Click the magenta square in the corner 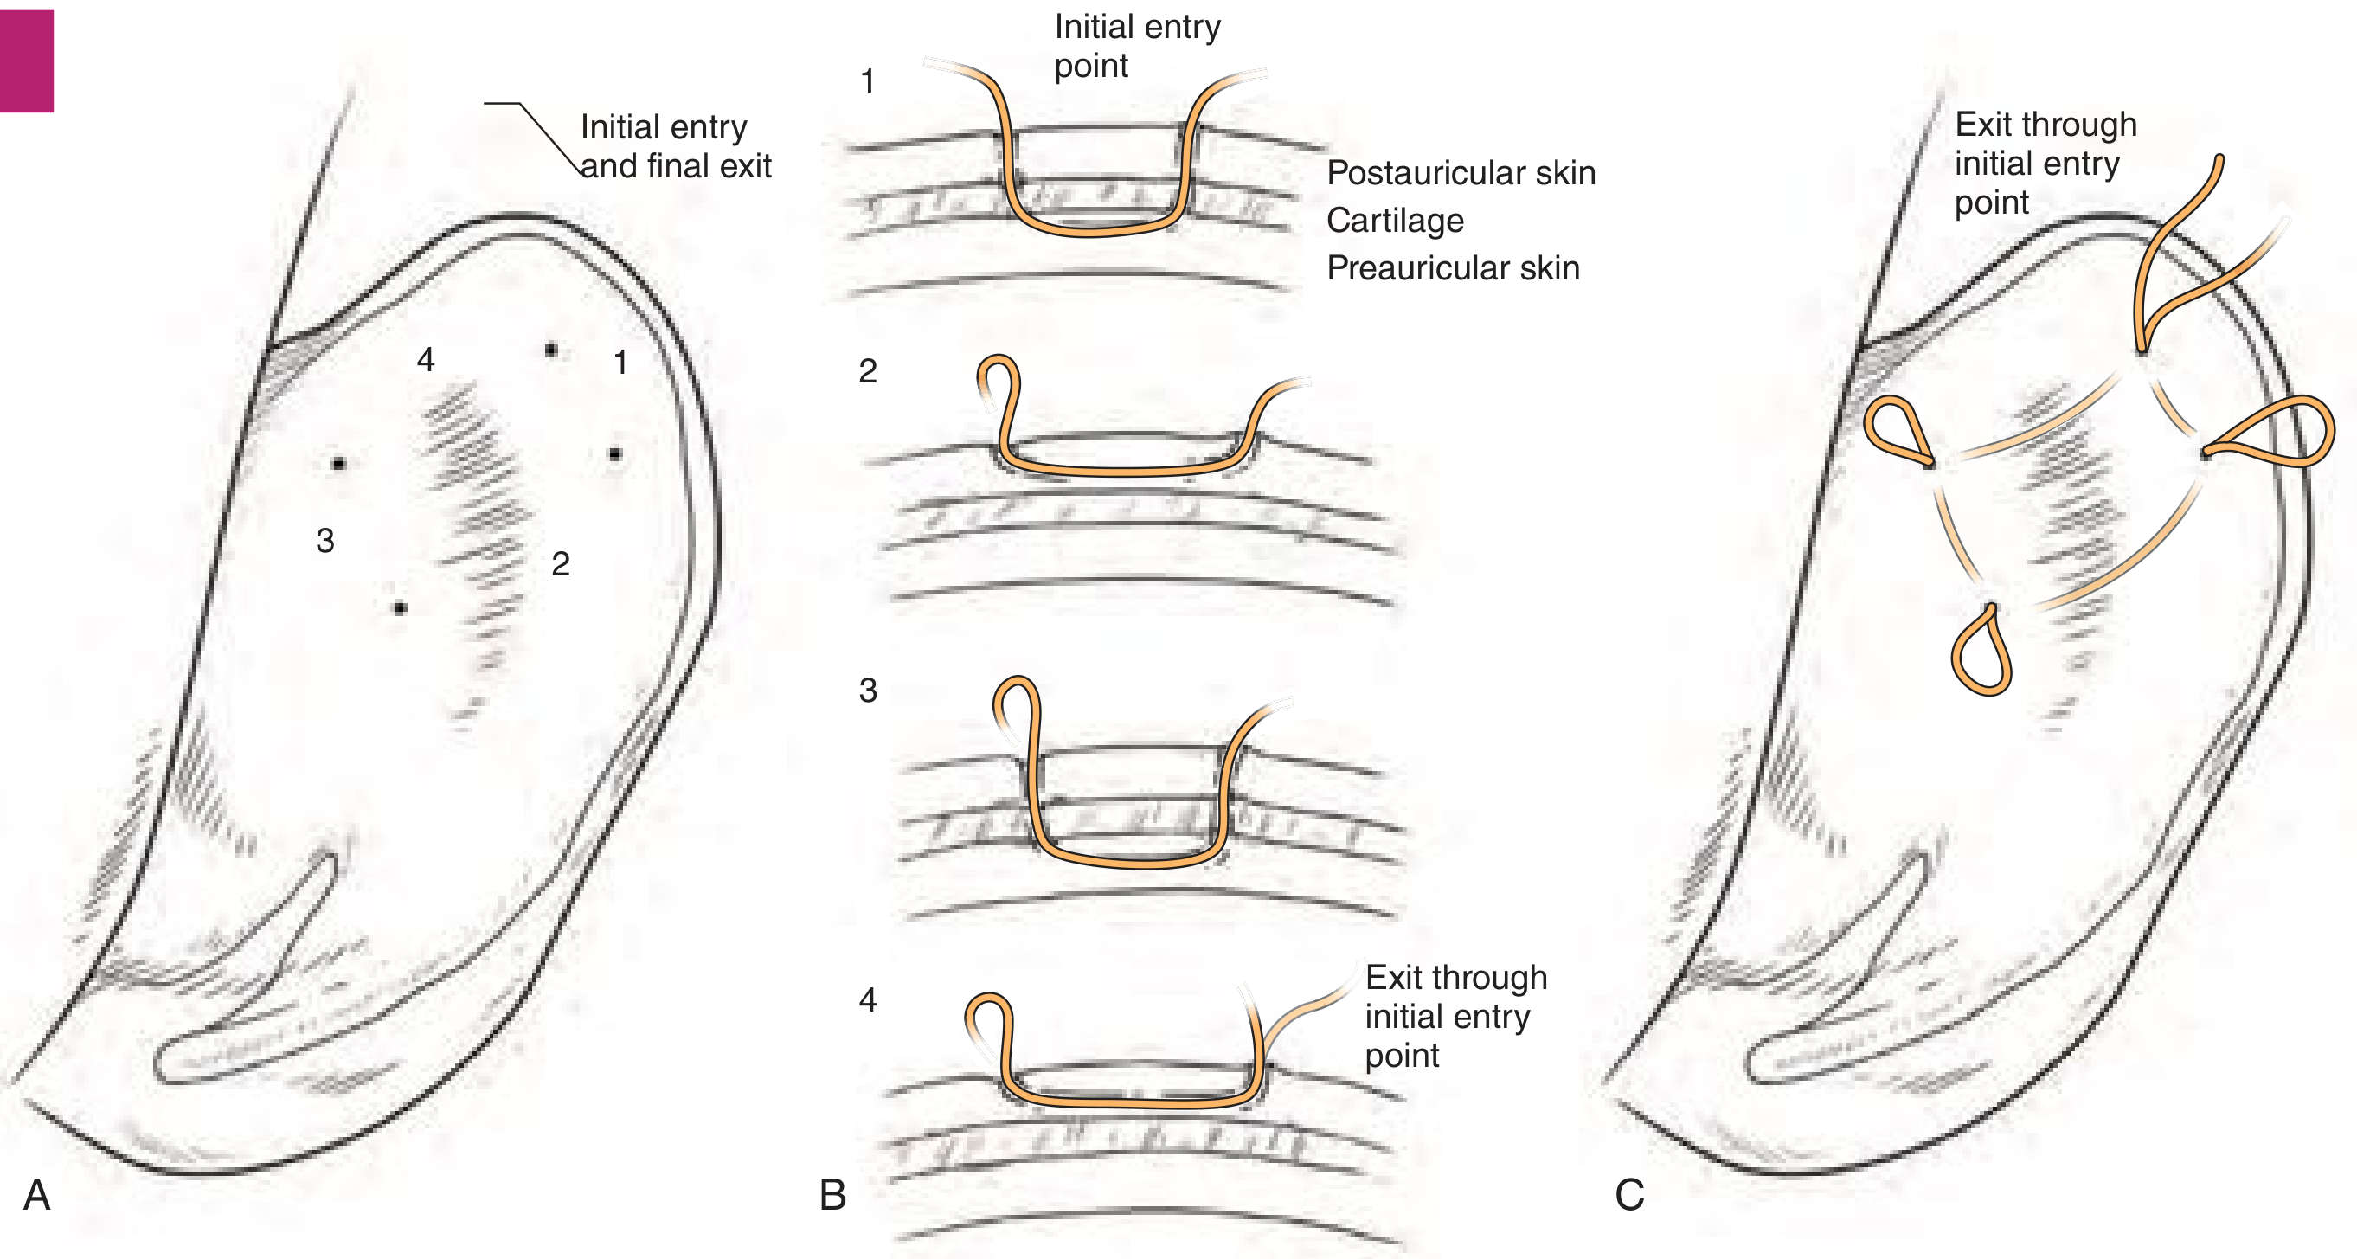[27, 61]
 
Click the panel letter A [36, 1195]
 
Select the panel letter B [832, 1195]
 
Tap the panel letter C [1629, 1195]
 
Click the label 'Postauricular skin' [1461, 173]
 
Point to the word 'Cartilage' [1395, 221]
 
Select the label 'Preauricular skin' [1452, 268]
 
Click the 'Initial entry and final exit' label [675, 146]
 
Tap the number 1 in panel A [620, 363]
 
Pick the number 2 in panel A [561, 563]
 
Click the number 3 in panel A [324, 541]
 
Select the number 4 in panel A [426, 360]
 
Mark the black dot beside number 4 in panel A [551, 350]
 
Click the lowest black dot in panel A [400, 607]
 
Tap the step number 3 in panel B [867, 690]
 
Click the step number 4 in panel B [867, 999]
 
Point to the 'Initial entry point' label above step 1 [1136, 46]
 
